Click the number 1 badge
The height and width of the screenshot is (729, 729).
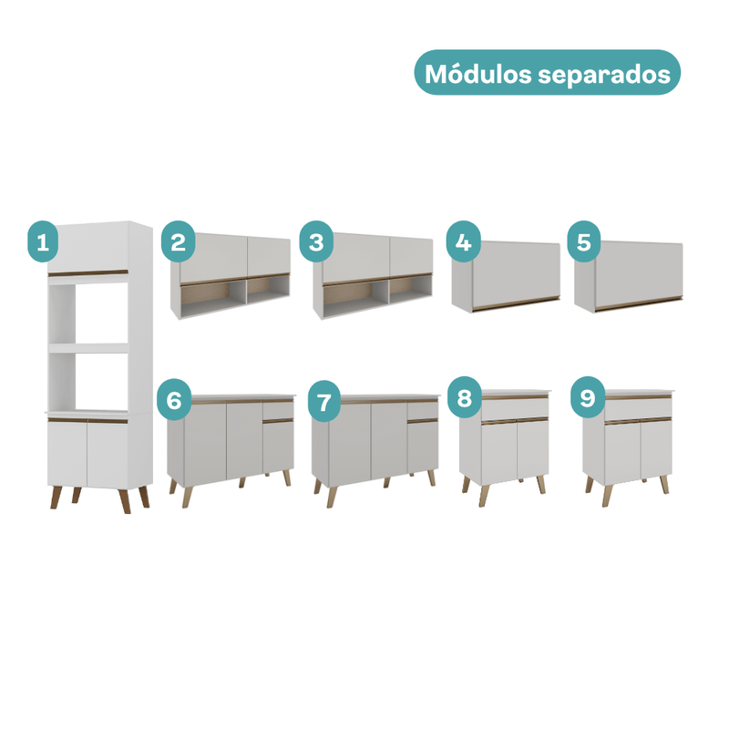coord(43,241)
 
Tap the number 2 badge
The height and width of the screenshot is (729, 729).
coord(178,241)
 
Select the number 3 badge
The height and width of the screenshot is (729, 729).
coord(316,241)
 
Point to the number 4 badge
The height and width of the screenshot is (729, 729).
coord(463,241)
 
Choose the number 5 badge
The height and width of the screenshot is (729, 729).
coord(583,241)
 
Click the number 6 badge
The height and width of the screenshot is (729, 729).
coord(174,400)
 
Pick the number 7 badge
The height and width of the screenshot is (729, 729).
coord(324,401)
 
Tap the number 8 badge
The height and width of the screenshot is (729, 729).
coord(464,397)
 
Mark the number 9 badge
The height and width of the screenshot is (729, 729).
coord(588,397)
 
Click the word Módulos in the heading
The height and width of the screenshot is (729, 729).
coord(477,74)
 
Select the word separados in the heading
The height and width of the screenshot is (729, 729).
coord(604,75)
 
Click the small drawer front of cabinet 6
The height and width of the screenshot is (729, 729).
coord(278,411)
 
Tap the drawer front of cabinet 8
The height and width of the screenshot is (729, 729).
coord(515,409)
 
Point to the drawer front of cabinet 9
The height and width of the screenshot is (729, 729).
coord(639,408)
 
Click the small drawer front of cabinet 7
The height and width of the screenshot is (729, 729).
coord(423,411)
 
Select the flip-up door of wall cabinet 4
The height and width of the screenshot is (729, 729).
coord(516,270)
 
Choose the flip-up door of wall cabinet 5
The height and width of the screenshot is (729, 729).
coord(639,270)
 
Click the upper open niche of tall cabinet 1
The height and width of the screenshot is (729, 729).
coord(88,313)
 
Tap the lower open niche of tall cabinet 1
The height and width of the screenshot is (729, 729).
coord(88,381)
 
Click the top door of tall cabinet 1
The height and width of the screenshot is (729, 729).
coord(87,247)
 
